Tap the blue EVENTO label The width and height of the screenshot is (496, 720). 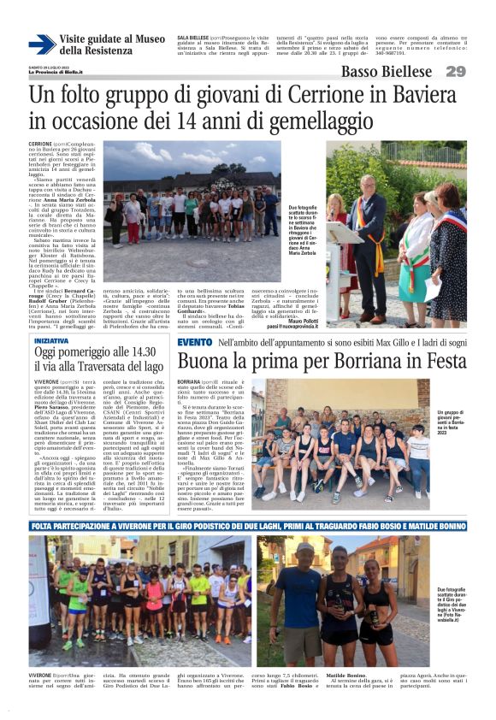click(x=195, y=342)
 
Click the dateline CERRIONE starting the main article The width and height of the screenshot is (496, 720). click(x=40, y=144)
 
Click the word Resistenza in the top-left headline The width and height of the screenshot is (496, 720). click(x=95, y=51)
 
